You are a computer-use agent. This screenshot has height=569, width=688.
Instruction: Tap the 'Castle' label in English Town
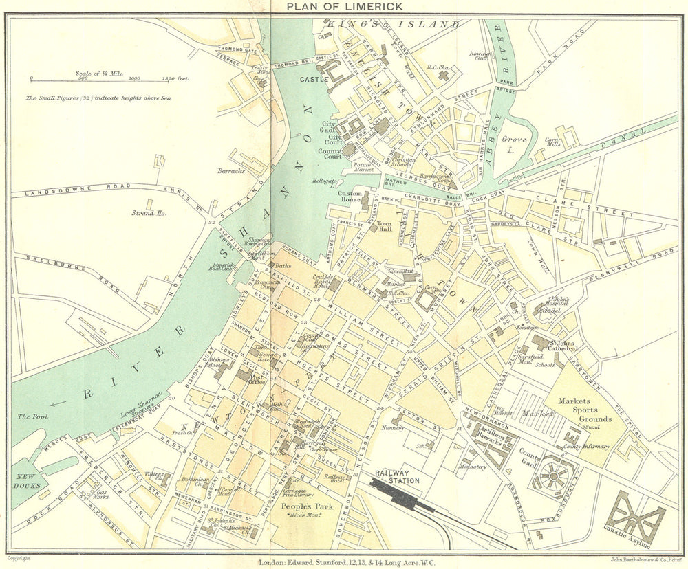pos(311,80)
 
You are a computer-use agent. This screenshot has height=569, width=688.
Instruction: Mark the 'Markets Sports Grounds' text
pos(585,410)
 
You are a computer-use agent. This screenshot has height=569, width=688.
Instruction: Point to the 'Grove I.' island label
pos(513,147)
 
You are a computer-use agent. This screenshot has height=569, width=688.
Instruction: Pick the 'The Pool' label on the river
pos(31,416)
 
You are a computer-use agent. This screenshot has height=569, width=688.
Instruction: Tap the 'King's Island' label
pos(394,24)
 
